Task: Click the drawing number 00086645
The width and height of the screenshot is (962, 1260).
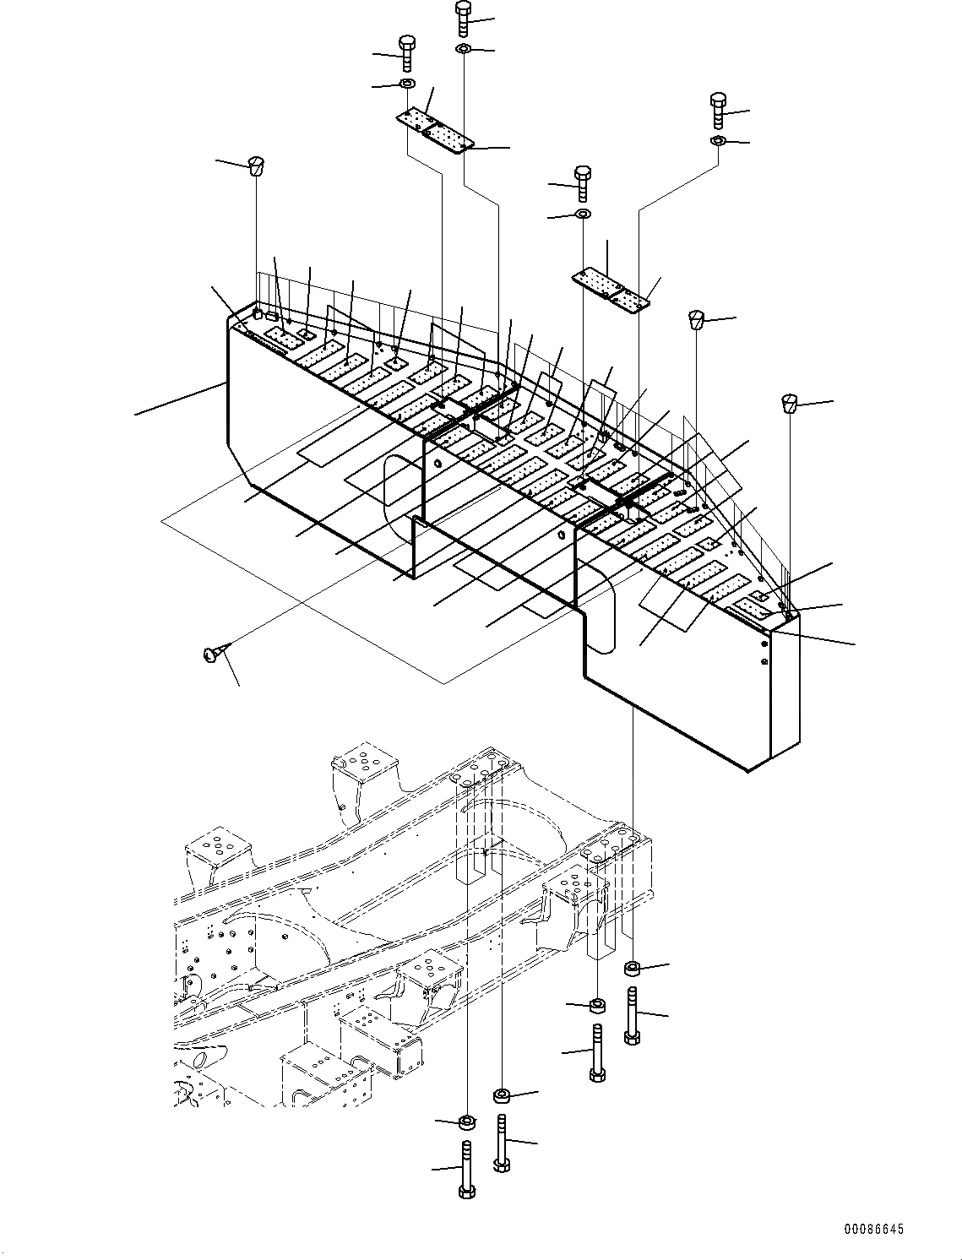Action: tap(873, 1230)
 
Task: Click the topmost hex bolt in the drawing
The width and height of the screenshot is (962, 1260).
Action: tap(463, 19)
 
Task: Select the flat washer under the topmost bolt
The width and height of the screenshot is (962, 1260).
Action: tap(464, 50)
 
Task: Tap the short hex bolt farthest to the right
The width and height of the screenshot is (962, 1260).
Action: tap(719, 110)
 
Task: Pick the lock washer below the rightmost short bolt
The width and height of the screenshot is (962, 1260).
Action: tap(718, 140)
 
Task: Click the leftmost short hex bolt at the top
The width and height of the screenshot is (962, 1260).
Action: tap(407, 53)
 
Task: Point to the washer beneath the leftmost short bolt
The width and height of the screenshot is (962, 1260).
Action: tap(406, 84)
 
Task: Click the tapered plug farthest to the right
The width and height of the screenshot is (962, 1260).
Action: tap(790, 403)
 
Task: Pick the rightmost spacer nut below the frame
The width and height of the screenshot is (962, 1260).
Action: tap(633, 968)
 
